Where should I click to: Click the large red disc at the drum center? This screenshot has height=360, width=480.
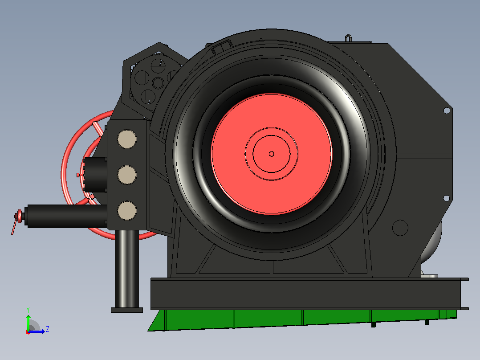[272, 154]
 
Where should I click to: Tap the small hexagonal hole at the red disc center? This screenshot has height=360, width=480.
[272, 154]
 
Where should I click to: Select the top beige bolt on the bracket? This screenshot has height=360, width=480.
[127, 139]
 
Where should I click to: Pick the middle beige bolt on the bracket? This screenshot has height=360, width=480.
[127, 175]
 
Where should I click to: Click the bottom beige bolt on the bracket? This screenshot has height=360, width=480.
[127, 211]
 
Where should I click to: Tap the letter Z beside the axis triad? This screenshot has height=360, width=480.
[48, 329]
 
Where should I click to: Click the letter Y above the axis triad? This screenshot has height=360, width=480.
[28, 310]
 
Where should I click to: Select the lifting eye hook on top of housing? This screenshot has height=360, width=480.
[348, 38]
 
